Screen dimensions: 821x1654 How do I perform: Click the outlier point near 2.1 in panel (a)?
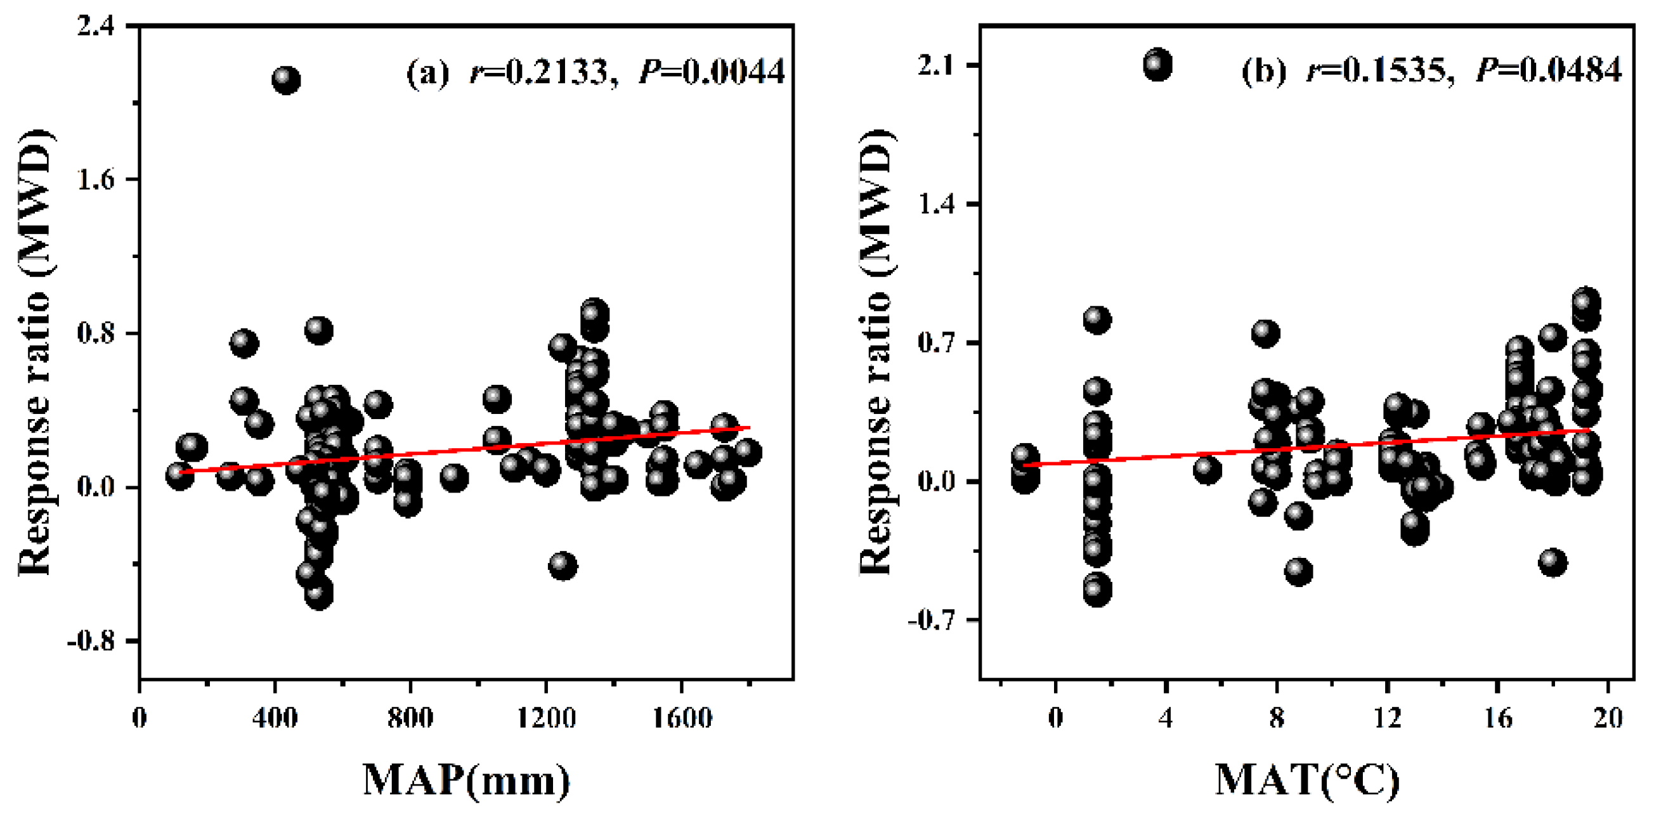coord(287,80)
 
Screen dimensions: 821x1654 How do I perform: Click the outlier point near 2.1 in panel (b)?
coord(1157,65)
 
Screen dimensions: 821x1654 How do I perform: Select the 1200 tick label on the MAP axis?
coord(546,718)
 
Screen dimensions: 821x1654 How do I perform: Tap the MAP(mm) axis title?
coord(467,780)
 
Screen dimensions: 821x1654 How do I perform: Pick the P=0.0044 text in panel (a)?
coord(712,71)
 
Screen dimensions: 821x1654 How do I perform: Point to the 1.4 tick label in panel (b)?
coord(941,204)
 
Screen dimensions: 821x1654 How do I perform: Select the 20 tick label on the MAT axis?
coord(1608,718)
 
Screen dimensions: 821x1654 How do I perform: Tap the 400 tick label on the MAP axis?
coord(275,718)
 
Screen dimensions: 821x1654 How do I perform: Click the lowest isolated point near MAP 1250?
coord(563,566)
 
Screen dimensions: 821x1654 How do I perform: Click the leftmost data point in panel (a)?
coord(179,475)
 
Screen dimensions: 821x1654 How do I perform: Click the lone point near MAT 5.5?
coord(1207,470)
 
